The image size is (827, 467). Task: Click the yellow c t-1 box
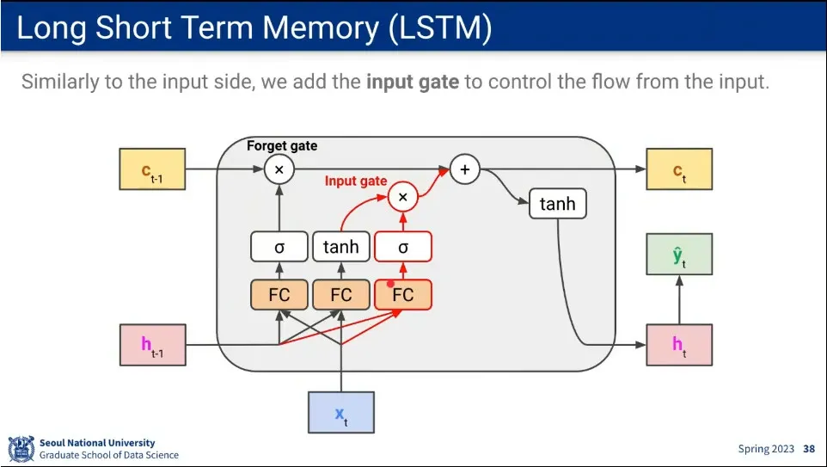152,169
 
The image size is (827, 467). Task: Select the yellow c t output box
679,169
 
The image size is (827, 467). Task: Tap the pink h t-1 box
153,345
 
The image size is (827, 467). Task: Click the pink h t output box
679,345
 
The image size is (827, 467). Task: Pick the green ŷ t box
679,255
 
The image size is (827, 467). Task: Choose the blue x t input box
341,413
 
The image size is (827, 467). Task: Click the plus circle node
465,169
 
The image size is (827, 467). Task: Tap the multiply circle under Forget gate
279,169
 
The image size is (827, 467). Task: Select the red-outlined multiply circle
403,197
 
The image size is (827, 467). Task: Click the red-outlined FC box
403,294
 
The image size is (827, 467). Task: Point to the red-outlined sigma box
403,247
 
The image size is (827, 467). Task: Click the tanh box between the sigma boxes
341,247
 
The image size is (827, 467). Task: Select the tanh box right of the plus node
557,204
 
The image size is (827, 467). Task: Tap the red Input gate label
356,181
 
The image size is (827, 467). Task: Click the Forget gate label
282,145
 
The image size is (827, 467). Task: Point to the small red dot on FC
391,284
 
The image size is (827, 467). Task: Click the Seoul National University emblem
21,449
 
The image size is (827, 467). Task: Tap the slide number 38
809,449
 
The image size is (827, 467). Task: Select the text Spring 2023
766,449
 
